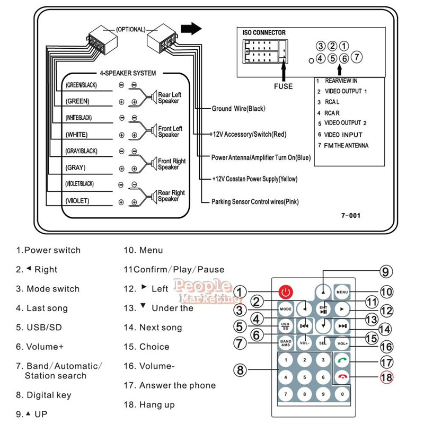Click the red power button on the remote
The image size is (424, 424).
[x=286, y=291]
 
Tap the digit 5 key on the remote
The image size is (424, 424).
[x=304, y=377]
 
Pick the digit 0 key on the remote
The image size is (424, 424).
[x=342, y=394]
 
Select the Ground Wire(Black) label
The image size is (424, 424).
[x=238, y=109]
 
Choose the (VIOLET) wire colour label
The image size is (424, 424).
[x=77, y=201]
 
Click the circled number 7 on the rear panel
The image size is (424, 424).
[x=357, y=57]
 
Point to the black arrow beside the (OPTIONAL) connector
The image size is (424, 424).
[x=191, y=29]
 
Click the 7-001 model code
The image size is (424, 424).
[x=350, y=216]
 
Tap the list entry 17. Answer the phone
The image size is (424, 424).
[x=170, y=385]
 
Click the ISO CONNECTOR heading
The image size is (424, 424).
[x=264, y=33]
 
